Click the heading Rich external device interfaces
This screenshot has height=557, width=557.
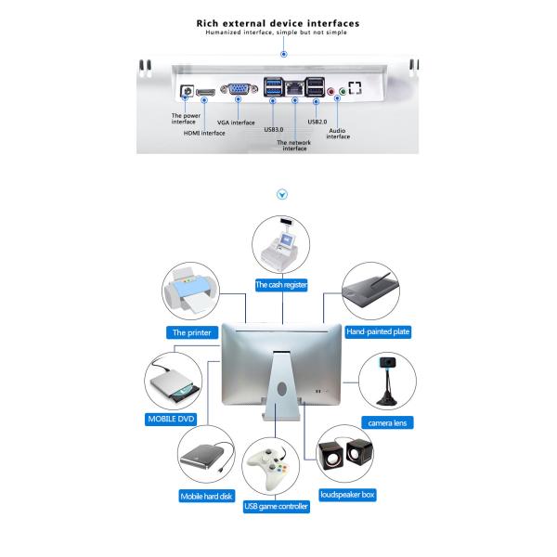pos(278,22)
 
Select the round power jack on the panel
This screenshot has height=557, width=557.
pos(186,92)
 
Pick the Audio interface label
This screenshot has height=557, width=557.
pos(338,133)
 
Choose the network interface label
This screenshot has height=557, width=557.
pos(294,144)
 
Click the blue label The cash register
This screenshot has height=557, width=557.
pos(281,286)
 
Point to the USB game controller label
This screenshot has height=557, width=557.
pos(276,507)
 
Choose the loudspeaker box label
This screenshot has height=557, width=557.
pos(347,495)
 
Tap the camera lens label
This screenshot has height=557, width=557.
pos(388,423)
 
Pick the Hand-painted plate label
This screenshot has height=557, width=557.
pos(378,331)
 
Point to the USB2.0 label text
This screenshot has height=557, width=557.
pos(317,121)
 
